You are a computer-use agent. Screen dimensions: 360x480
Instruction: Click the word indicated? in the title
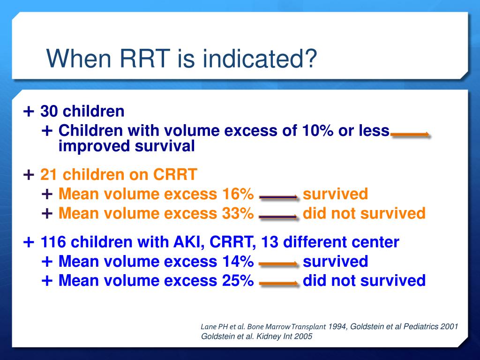click(x=253, y=60)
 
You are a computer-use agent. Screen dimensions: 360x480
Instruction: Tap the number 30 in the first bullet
click(x=49, y=112)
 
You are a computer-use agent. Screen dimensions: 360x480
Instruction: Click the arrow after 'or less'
click(x=410, y=135)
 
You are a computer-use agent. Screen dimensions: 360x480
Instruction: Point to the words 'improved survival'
click(x=127, y=146)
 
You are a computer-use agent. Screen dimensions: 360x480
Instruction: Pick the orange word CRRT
click(x=175, y=175)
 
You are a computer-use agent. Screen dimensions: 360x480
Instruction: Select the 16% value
click(x=238, y=194)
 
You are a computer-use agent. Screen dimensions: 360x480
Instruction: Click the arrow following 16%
click(x=278, y=198)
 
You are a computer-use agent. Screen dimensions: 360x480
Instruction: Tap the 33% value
click(x=238, y=214)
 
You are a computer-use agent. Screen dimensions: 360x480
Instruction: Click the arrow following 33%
click(x=278, y=217)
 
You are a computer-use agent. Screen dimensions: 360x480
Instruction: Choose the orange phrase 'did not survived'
click(x=364, y=214)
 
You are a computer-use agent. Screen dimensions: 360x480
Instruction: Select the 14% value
click(x=238, y=262)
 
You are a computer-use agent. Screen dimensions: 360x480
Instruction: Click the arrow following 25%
click(x=278, y=284)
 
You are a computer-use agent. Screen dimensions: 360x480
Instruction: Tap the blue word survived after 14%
click(x=335, y=262)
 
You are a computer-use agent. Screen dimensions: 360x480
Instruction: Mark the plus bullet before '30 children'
click(x=29, y=112)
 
